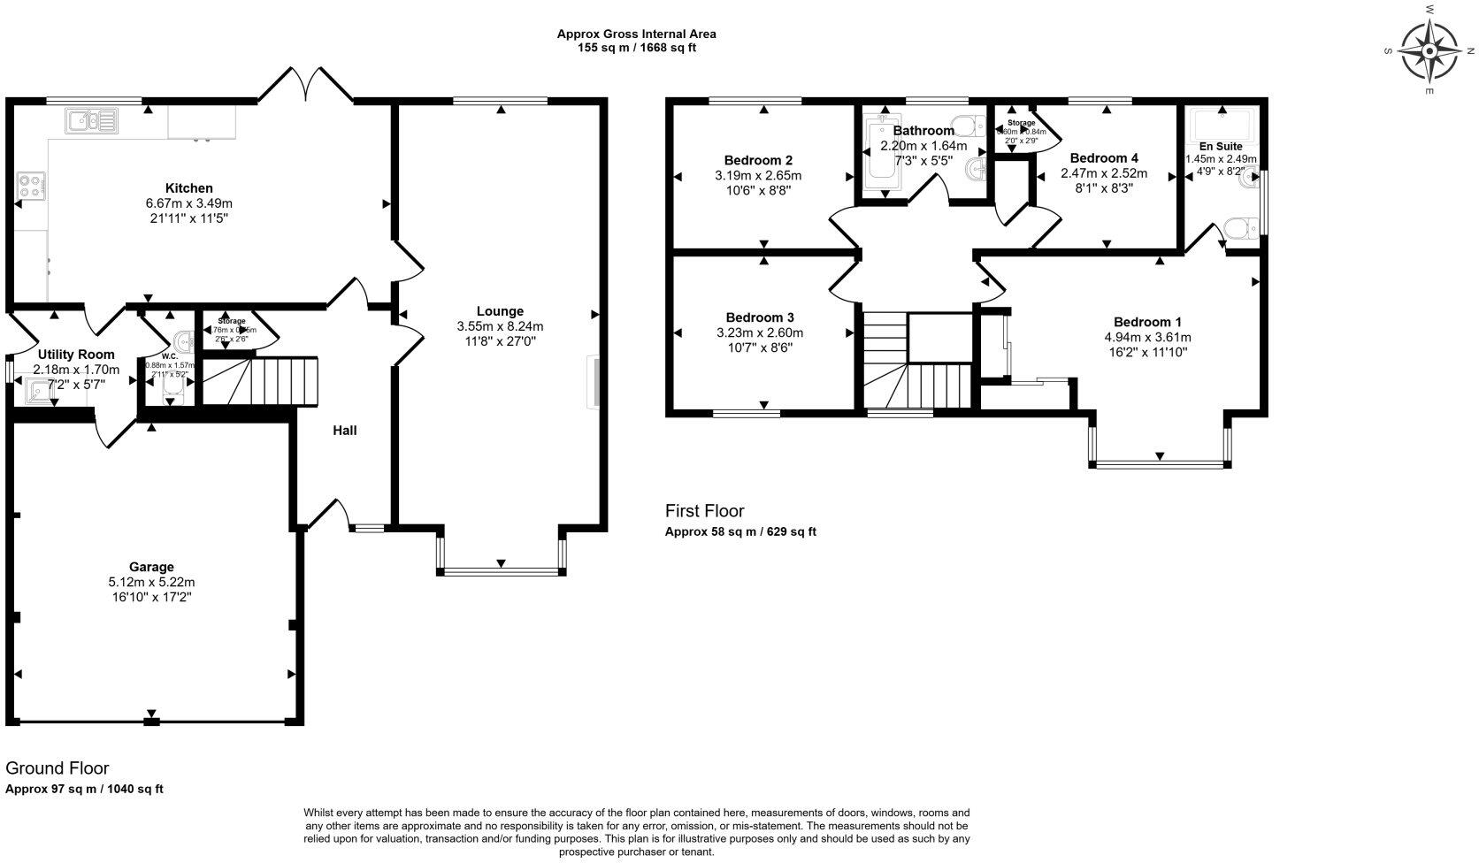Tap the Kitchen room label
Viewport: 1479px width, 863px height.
(189, 188)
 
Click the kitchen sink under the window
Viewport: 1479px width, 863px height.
(91, 119)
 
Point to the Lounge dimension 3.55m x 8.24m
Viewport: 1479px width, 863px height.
(500, 325)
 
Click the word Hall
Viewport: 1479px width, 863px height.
(345, 431)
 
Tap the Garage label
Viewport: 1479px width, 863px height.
(151, 567)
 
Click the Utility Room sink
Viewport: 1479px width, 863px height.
(39, 389)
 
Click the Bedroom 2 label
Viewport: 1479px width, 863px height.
(758, 160)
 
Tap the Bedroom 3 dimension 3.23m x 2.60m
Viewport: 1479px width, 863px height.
(759, 333)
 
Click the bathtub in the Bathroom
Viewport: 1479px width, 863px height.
(881, 155)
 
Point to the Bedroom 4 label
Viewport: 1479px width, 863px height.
(1104, 158)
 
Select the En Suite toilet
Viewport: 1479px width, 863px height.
(1243, 231)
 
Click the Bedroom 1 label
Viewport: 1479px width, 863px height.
(1147, 322)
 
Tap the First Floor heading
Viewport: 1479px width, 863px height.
(704, 511)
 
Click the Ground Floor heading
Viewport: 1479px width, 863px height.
(57, 768)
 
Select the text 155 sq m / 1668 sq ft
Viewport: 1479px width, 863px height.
(636, 48)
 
